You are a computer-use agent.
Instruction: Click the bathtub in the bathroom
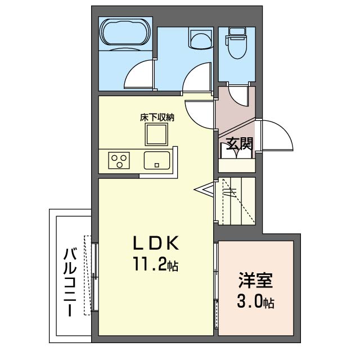pyautogui.click(x=125, y=34)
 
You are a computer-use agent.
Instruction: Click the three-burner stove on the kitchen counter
pyautogui.click(x=119, y=160)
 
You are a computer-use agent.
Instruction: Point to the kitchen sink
pyautogui.click(x=157, y=160)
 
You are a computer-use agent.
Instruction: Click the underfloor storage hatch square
pyautogui.click(x=156, y=134)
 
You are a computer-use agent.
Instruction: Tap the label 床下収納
pyautogui.click(x=157, y=118)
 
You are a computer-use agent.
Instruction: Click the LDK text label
pyautogui.click(x=156, y=243)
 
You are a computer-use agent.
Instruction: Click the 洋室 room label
pyautogui.click(x=255, y=280)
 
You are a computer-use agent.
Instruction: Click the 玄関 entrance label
pyautogui.click(x=240, y=144)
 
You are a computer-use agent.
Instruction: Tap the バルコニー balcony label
pyautogui.click(x=70, y=282)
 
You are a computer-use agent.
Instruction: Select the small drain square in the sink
pyautogui.click(x=157, y=165)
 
